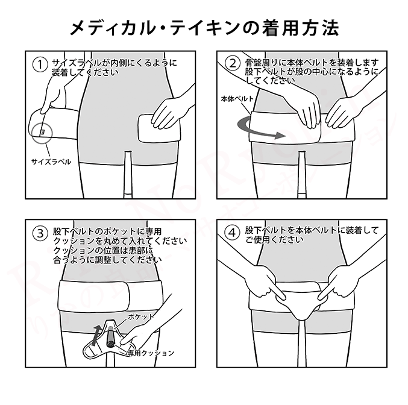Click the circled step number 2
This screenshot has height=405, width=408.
pyautogui.click(x=232, y=63)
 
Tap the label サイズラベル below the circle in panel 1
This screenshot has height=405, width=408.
pyautogui.click(x=51, y=162)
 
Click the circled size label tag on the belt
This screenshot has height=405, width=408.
pyautogui.click(x=42, y=131)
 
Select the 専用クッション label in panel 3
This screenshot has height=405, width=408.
pyautogui.click(x=151, y=353)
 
